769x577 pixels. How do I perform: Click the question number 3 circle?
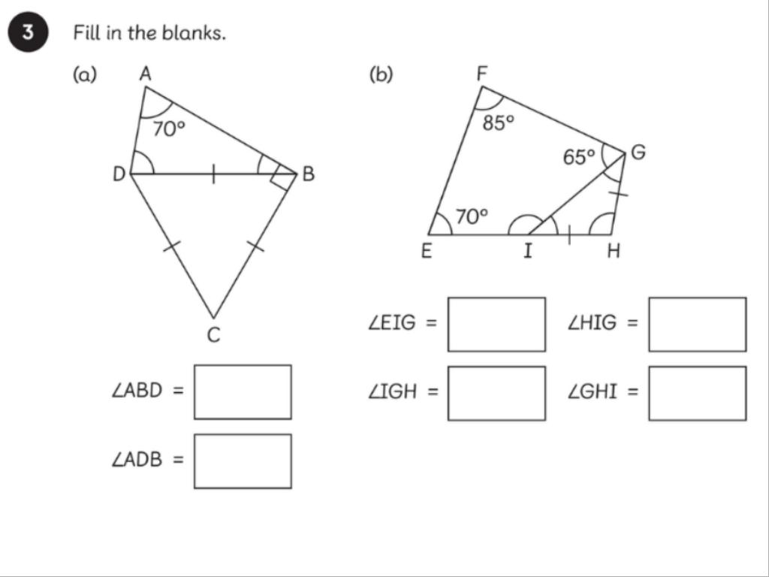(x=27, y=35)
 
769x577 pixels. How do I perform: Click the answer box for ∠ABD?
(x=243, y=391)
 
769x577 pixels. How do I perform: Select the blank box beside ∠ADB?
(x=243, y=461)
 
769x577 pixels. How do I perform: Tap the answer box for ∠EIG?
(x=496, y=324)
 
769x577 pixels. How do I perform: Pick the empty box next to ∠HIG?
(x=698, y=324)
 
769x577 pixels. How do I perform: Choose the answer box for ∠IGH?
(x=496, y=393)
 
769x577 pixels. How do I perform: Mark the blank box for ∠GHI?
(x=698, y=393)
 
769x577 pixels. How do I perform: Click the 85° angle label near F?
(x=498, y=122)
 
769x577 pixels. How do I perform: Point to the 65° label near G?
(x=579, y=156)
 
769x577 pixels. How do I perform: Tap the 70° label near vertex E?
(x=472, y=216)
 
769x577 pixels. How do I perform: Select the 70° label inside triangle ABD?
(x=168, y=129)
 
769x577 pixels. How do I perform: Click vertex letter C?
(x=213, y=336)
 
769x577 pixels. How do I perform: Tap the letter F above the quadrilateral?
(x=482, y=73)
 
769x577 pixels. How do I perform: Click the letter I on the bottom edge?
(x=527, y=252)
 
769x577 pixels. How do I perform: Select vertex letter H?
(x=614, y=252)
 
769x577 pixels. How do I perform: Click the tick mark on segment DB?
(x=213, y=174)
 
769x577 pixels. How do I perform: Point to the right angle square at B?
(x=284, y=177)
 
